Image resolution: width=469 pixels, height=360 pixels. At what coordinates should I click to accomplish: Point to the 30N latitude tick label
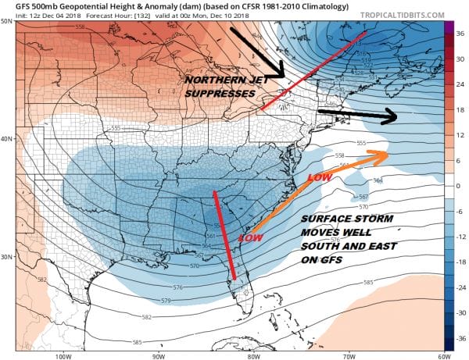(7, 257)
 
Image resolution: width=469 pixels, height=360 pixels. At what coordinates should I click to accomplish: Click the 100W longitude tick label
(63, 356)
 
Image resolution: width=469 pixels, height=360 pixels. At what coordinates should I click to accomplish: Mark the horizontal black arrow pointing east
(360, 116)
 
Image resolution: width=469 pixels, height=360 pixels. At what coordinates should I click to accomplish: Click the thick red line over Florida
(224, 234)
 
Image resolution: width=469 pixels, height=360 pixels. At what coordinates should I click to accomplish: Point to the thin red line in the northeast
(313, 72)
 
